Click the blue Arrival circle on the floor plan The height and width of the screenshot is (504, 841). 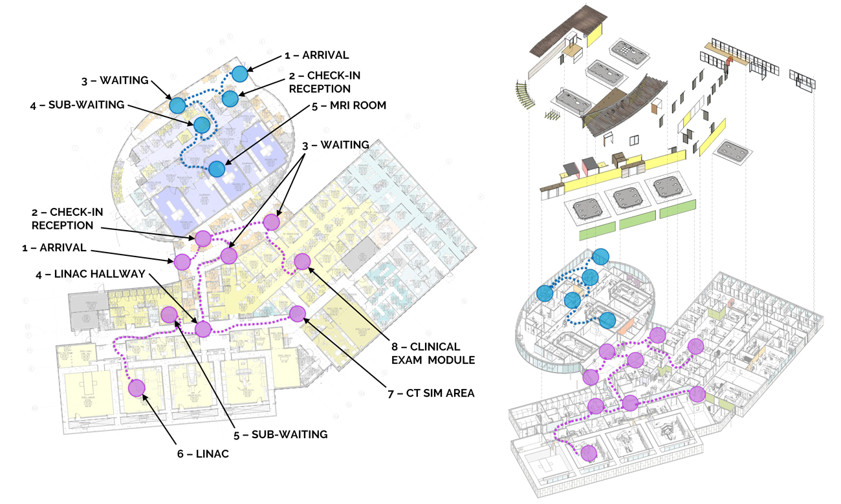[240, 74]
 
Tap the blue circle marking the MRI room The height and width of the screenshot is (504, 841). [217, 169]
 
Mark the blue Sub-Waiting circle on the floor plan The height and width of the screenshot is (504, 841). [202, 125]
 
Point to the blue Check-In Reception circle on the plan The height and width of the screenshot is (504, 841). [230, 98]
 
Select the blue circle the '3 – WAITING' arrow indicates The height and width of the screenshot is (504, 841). [177, 105]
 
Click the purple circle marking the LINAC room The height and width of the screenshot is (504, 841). [137, 388]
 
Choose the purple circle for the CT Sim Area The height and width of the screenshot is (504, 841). [297, 314]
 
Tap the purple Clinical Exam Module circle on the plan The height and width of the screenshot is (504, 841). [302, 262]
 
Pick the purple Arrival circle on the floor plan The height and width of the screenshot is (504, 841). [182, 262]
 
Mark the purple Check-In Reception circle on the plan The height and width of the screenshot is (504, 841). [202, 238]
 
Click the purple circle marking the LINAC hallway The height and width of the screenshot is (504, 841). [203, 329]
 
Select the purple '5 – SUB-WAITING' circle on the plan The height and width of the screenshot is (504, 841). [169, 315]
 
